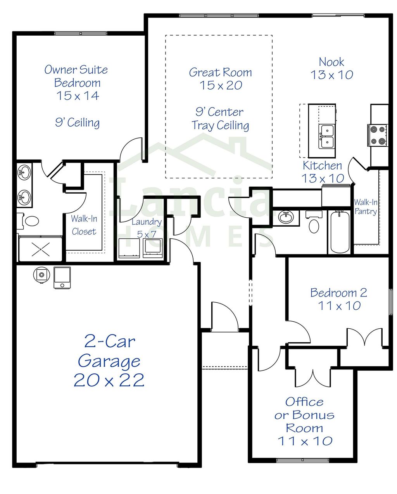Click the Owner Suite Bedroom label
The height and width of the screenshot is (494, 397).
coord(76,76)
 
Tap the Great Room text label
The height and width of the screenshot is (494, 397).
coord(220,73)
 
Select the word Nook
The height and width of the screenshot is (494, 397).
coord(331,62)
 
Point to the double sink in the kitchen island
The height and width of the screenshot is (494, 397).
coord(326,136)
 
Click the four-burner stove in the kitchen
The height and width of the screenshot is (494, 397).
coord(378,135)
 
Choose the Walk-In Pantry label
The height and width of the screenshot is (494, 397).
coord(365,207)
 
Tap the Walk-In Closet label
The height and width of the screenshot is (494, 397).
coord(84,225)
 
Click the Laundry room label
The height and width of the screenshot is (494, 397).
coord(146,222)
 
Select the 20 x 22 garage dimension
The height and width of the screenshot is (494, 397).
coord(109,380)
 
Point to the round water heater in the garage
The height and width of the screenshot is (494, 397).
coord(41,275)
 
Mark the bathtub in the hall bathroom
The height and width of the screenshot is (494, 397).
coord(340,232)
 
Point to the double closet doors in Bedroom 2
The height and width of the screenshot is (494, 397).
coord(364,337)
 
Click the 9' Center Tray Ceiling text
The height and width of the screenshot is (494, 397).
coord(220,118)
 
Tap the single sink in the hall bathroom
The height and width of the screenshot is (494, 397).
coord(287,217)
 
